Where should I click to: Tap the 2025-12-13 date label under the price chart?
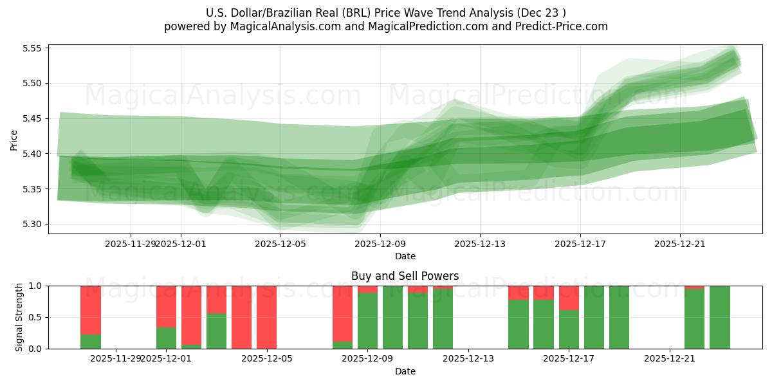pos(480,244)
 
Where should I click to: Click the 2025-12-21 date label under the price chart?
pos(680,244)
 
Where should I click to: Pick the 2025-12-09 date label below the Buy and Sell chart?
pos(367,359)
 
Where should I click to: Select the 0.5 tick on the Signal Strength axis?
pos(35,317)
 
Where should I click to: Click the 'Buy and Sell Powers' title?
pos(405,276)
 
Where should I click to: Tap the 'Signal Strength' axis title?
pos(19,317)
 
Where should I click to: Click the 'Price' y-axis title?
pos(14,140)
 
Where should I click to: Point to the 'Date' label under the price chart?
pos(405,256)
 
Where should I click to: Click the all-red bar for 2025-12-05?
pos(266,317)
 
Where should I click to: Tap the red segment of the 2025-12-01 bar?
pos(166,306)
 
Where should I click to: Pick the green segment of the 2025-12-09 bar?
pos(367,322)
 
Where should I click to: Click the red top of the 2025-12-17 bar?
pos(569,298)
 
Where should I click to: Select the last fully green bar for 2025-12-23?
pos(720,317)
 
